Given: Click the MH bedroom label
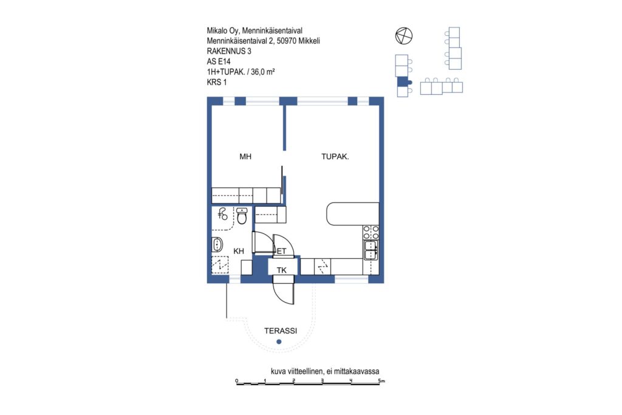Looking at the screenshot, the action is (x=245, y=157).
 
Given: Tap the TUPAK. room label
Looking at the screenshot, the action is (x=335, y=157).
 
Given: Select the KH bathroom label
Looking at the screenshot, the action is (x=238, y=251).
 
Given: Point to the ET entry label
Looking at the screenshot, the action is (x=282, y=251).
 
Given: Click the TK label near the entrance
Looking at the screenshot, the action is (x=282, y=270).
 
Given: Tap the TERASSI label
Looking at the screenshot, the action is (x=281, y=331).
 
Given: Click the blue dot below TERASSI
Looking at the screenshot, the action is (x=279, y=341).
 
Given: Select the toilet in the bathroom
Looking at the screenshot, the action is (x=242, y=216).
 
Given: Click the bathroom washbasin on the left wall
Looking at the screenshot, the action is (x=217, y=244).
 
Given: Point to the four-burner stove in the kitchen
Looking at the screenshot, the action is (x=371, y=233).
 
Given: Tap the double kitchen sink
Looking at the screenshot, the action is (x=371, y=250).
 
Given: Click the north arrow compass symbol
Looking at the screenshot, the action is (x=404, y=36).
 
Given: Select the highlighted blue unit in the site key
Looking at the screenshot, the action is (x=403, y=81).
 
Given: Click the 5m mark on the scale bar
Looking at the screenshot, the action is (x=381, y=381).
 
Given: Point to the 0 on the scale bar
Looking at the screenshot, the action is (x=237, y=381).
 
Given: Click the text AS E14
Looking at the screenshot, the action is (x=219, y=61).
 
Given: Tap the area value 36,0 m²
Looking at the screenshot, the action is (x=263, y=72).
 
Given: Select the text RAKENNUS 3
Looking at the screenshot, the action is (x=229, y=51).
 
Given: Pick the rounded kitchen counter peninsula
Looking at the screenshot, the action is (x=352, y=214).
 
